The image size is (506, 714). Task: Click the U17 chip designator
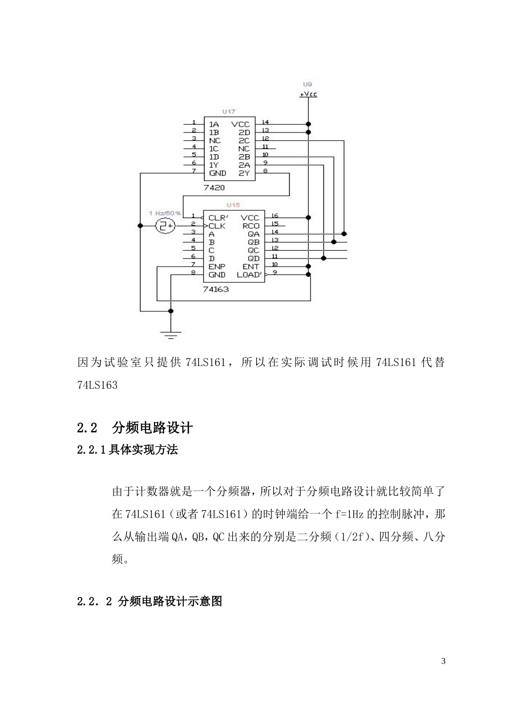(x=228, y=112)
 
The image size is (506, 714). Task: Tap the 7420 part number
(x=214, y=188)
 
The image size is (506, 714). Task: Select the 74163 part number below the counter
(x=216, y=289)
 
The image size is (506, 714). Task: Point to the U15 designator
(x=233, y=205)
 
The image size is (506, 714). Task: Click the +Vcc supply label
(x=308, y=94)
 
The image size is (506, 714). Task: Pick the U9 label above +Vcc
(x=307, y=84)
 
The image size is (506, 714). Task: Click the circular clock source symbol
(x=165, y=226)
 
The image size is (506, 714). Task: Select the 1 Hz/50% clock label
(x=165, y=213)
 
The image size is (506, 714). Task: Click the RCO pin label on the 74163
(x=251, y=226)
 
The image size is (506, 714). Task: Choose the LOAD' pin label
(x=249, y=275)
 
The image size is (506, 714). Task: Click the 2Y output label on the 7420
(x=244, y=173)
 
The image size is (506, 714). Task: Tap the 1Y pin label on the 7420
(x=214, y=165)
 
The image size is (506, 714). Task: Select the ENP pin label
(x=217, y=267)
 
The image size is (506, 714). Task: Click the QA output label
(x=254, y=234)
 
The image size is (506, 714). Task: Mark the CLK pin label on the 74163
(x=217, y=226)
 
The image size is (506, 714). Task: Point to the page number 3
(x=443, y=661)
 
